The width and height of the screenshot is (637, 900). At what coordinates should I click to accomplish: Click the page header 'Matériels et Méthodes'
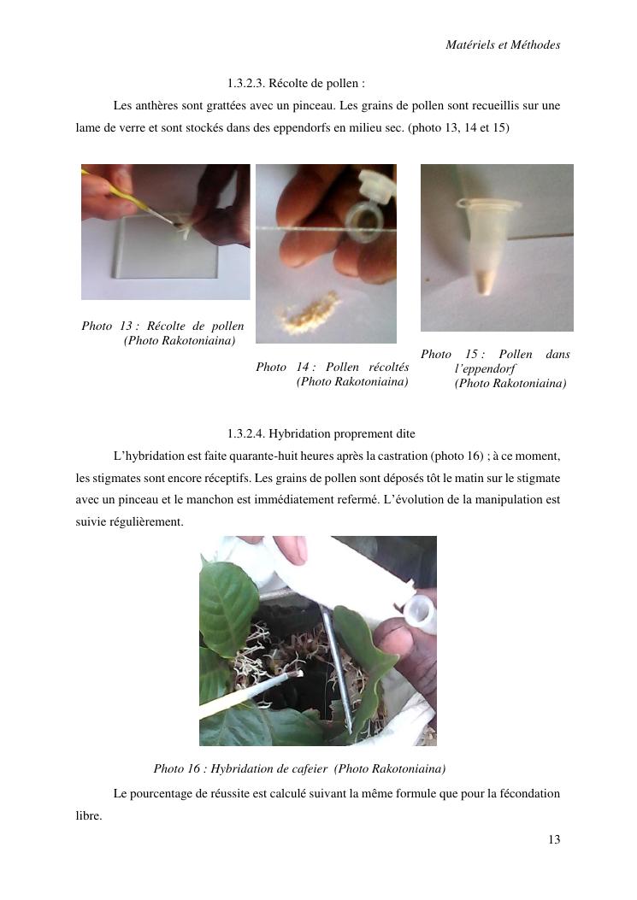click(x=503, y=44)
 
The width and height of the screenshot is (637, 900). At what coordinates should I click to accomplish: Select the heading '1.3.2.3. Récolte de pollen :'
click(x=296, y=83)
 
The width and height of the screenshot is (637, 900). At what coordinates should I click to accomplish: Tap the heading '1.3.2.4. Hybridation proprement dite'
click(x=321, y=433)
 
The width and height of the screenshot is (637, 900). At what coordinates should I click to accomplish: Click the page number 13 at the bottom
click(x=554, y=839)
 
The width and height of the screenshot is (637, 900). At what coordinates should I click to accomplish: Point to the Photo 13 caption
click(x=163, y=333)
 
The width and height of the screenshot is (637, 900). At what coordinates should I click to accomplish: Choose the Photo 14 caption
click(x=333, y=374)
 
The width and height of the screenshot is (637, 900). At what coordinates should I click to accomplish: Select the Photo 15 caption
click(x=495, y=368)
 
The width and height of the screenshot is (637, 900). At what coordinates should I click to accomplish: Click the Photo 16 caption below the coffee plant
click(x=299, y=768)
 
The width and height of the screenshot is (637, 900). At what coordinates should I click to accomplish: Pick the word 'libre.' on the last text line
click(x=88, y=815)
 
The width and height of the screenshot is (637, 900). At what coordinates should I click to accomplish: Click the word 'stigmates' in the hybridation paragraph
click(x=115, y=478)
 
